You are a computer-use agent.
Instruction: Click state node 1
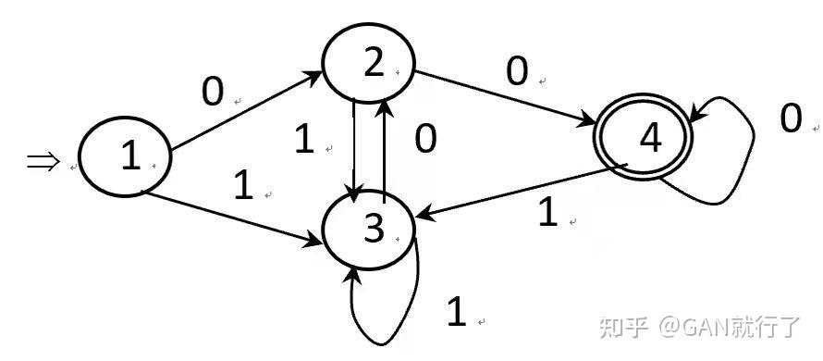point(125,156)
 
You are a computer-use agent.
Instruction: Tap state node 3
point(368,230)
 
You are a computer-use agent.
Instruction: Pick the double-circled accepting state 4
point(643,138)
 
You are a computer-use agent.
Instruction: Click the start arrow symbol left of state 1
point(43,161)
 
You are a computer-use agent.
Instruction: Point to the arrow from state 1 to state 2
point(247,110)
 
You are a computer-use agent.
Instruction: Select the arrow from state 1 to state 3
point(234,218)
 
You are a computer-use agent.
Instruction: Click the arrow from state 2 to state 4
point(505,99)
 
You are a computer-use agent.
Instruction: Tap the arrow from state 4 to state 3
point(522,191)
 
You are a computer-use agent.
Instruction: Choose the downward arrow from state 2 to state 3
point(355,150)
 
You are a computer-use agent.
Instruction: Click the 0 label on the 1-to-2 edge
point(213,92)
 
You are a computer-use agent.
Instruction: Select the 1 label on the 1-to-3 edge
point(243,186)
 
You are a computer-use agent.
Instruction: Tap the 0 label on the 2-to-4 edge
point(517,71)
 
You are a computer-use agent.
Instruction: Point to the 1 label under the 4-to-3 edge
point(548,213)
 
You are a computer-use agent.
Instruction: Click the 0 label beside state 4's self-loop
point(791,118)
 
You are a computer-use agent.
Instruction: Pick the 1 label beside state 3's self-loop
point(456,311)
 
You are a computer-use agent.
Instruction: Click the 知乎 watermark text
point(623,327)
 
